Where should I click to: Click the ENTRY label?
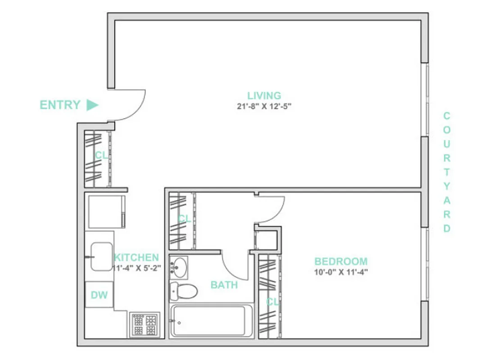click(x=60, y=105)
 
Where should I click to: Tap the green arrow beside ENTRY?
click(x=92, y=105)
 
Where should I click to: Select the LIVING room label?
click(x=264, y=95)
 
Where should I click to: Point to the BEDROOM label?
click(x=341, y=261)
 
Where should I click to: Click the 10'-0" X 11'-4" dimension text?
click(x=341, y=272)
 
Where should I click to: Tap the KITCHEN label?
click(x=136, y=258)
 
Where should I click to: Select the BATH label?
click(x=224, y=285)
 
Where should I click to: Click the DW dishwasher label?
click(x=99, y=295)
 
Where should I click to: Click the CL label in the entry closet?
click(x=101, y=155)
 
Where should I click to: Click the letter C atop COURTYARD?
click(x=447, y=116)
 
